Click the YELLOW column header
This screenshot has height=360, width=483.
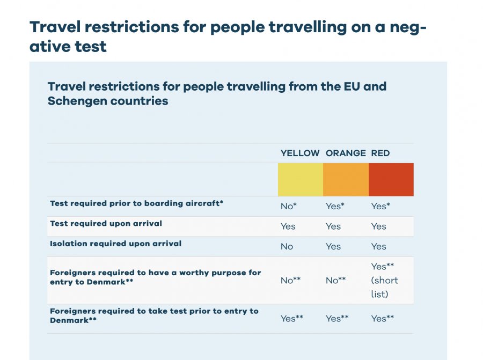point(300,153)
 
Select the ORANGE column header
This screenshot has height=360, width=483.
point(346,153)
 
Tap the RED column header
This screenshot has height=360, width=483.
point(380,153)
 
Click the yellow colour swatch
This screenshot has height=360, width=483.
point(301,179)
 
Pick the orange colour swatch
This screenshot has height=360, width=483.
point(346,179)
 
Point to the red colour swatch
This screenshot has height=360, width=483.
point(391,179)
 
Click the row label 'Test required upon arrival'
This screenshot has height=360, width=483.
point(106,223)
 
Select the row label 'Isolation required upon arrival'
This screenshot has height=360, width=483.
point(115,244)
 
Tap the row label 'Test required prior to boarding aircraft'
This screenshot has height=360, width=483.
point(136,203)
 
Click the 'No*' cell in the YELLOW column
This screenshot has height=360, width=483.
point(290,206)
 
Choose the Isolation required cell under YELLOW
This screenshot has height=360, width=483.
point(287,246)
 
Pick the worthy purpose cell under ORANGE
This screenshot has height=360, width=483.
point(336,280)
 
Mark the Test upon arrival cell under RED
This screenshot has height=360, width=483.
point(378,226)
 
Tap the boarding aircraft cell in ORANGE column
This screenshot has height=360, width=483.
point(335,206)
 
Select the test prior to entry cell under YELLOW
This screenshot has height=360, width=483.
point(292,318)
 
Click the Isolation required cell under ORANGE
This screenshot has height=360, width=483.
point(333,246)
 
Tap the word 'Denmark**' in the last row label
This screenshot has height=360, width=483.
point(73,320)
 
